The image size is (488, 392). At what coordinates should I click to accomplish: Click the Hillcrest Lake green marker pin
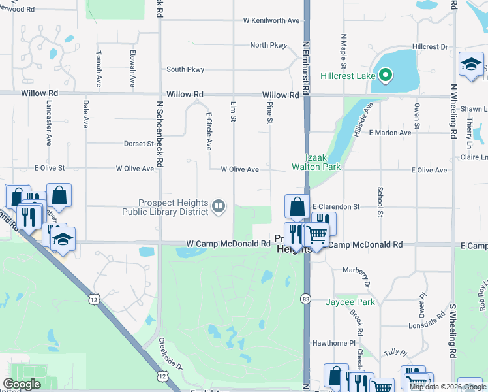click(385, 76)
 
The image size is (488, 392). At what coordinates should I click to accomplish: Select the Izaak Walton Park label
click(324, 162)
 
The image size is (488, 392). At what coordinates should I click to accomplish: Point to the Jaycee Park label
click(351, 302)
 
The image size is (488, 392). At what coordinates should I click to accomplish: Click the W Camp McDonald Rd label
click(228, 244)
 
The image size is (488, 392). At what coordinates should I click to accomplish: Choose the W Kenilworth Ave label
click(271, 20)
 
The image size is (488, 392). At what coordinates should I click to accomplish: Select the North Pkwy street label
click(268, 45)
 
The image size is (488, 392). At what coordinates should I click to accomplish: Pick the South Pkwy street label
click(185, 69)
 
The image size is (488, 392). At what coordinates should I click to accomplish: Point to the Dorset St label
click(138, 143)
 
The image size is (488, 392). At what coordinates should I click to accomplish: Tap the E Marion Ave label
click(390, 133)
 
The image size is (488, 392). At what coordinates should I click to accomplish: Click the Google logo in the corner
click(22, 384)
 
